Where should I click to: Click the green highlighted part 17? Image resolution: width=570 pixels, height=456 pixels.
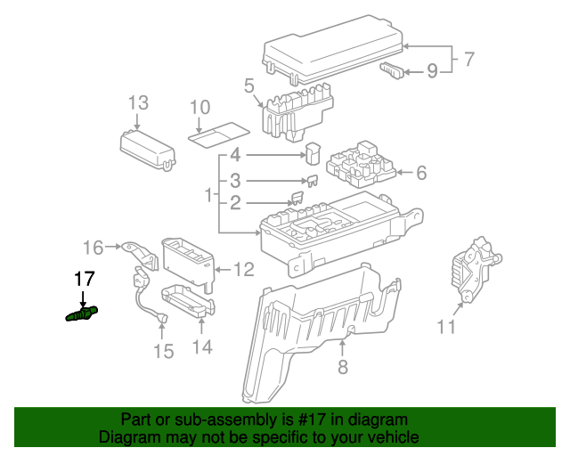point(81,313)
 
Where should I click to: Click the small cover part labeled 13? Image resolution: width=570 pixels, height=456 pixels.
point(148,148)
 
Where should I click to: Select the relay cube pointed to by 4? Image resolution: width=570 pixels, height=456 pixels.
point(314,153)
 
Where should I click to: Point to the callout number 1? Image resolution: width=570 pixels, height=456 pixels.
point(208,193)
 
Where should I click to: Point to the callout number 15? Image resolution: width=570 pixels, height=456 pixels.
point(162,351)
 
